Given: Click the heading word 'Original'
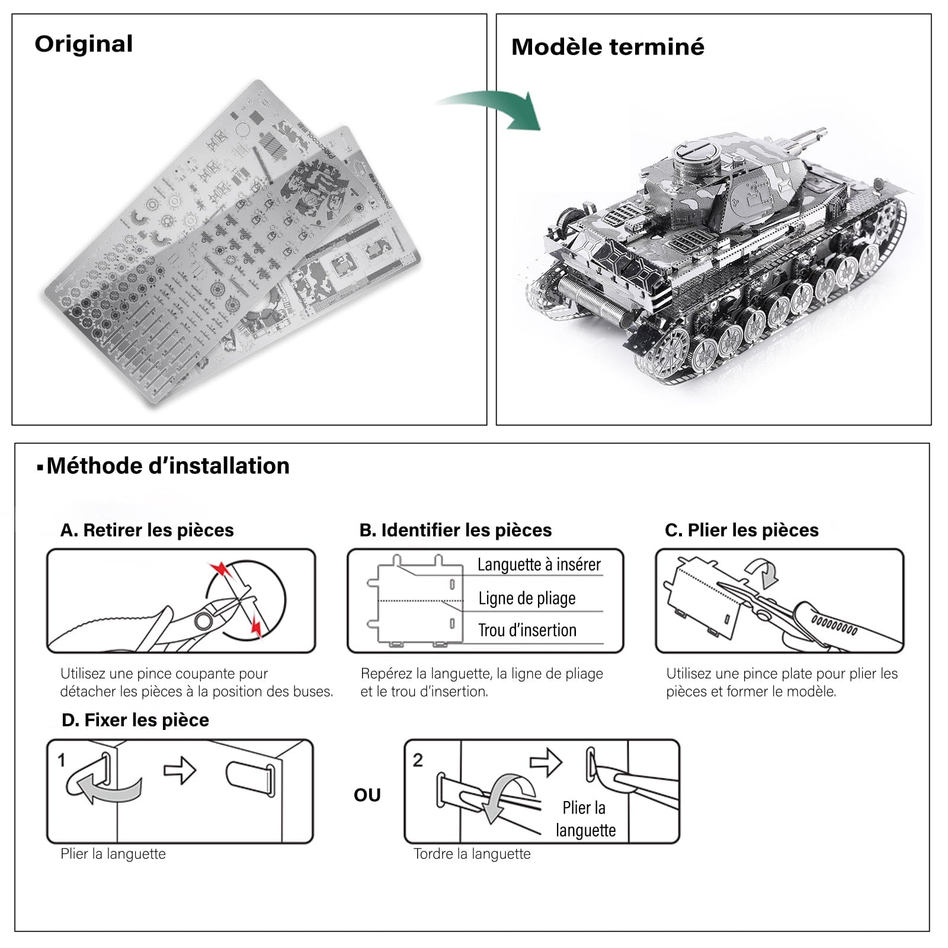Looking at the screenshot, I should click(x=84, y=44).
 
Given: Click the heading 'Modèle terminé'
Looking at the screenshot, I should click(x=607, y=47).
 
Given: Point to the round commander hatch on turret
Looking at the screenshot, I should click(x=698, y=152).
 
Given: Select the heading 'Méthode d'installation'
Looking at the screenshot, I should click(x=168, y=466).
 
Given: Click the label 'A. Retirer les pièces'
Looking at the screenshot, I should click(x=147, y=530).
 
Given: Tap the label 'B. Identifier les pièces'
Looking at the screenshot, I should click(x=455, y=530).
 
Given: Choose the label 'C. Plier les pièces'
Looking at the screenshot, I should click(x=741, y=530).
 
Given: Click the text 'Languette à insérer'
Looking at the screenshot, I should click(x=539, y=565).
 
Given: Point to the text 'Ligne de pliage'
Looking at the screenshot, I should click(x=527, y=598).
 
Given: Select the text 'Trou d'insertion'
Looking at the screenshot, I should click(x=527, y=630).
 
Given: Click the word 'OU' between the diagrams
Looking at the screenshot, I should click(x=367, y=795).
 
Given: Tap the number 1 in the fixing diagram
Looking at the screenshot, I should click(x=61, y=760).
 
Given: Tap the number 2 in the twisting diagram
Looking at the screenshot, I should click(x=418, y=760).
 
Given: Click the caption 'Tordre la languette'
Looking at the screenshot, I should click(x=472, y=854).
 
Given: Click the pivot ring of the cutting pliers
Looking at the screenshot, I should click(x=203, y=621).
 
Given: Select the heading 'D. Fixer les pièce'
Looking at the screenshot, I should click(x=135, y=720).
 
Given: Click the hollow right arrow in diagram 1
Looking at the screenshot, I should click(x=180, y=770).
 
